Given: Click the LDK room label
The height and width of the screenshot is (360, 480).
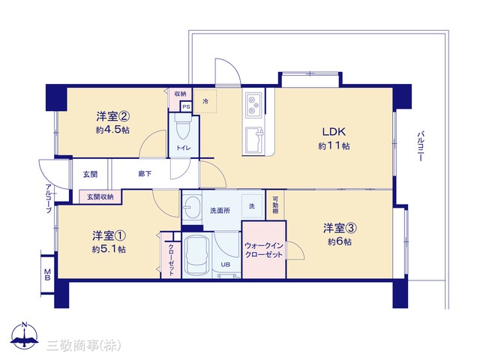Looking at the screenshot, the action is (334, 132).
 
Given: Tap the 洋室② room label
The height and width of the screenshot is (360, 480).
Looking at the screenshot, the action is (113, 116).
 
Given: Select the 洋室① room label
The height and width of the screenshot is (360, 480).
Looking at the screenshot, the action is (109, 235).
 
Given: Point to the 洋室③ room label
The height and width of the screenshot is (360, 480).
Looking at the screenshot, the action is (340, 228).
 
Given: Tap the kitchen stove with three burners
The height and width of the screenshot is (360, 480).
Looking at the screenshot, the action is (253, 104).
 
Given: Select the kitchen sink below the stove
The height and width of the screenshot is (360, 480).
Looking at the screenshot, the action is (253, 140).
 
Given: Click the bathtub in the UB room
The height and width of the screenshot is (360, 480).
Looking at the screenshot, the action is (196, 255).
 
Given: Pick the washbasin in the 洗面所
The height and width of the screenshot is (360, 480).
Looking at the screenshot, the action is (192, 207).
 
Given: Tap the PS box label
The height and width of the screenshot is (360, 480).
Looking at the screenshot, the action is (186, 107).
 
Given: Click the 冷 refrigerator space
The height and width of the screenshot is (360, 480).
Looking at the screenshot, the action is (205, 101).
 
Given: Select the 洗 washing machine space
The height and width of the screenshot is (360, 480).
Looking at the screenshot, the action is (252, 206).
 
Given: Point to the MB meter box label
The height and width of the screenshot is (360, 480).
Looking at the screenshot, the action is (47, 274).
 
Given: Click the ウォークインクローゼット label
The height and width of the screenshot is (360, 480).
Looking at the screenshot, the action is (263, 250).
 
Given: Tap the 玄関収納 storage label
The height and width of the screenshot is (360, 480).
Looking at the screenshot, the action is (100, 196).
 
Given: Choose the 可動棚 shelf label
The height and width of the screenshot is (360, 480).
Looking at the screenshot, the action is (275, 205).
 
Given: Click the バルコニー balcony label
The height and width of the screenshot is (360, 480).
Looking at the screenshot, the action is (420, 146).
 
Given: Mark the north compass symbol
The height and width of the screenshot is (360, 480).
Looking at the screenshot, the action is (25, 335).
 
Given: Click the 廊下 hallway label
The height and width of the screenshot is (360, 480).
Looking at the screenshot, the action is (145, 174).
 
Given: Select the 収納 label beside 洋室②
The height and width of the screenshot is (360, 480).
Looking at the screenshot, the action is (180, 94).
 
